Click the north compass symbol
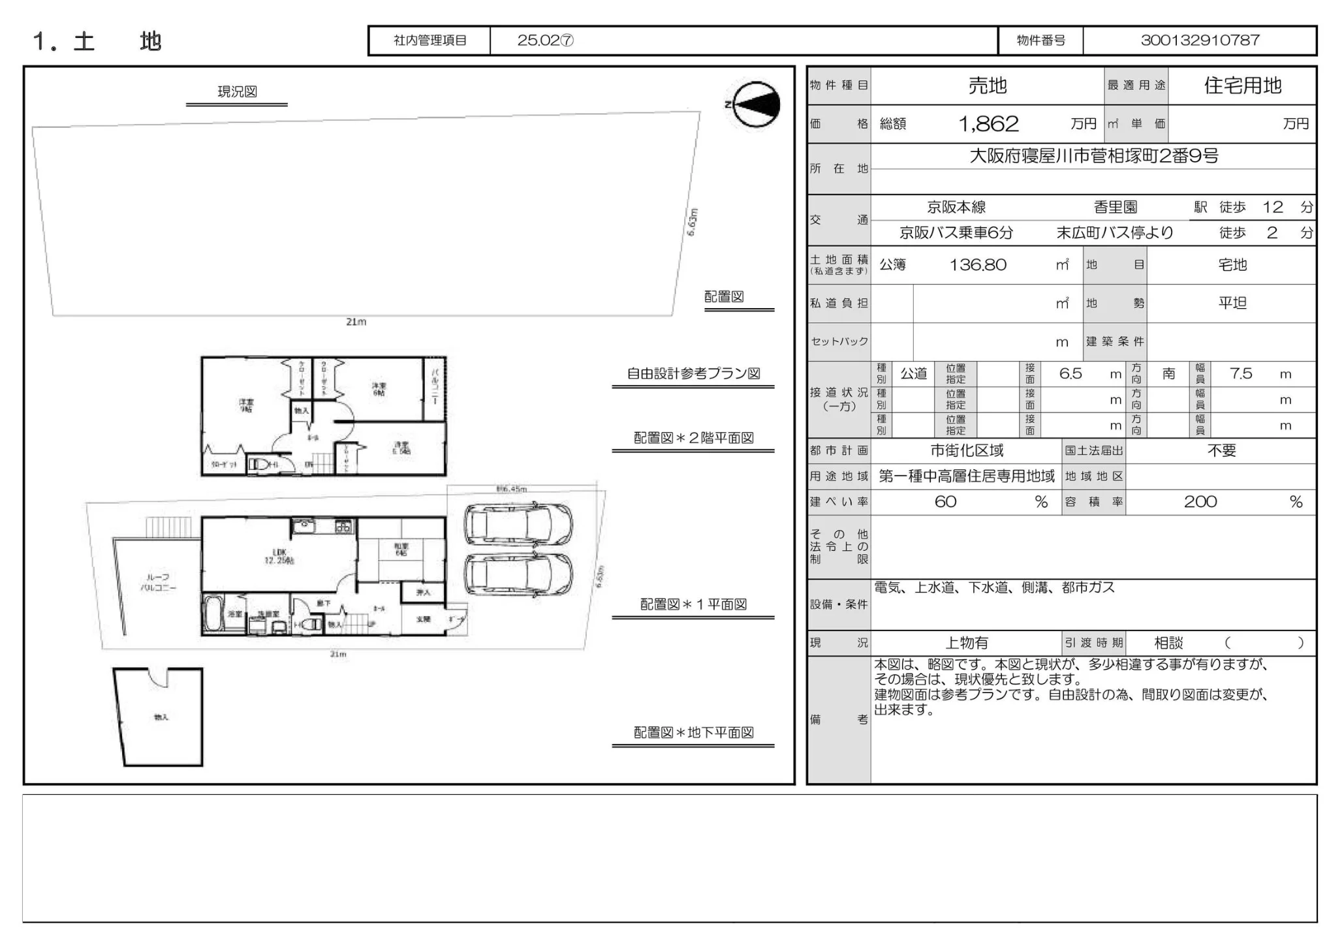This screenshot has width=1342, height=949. pyautogui.click(x=756, y=104)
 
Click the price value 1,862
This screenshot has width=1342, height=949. pyautogui.click(x=988, y=124)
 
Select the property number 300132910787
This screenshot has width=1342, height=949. pyautogui.click(x=1200, y=40)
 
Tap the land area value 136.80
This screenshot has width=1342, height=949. pyautogui.click(x=977, y=265)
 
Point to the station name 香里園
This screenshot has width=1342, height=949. pyautogui.click(x=1115, y=208)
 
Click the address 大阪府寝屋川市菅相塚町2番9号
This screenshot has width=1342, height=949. pyautogui.click(x=1093, y=156)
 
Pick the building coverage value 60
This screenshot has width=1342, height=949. pyautogui.click(x=945, y=502)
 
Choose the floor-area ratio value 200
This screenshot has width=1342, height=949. pyautogui.click(x=1200, y=502)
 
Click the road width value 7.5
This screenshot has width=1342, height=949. pyautogui.click(x=1240, y=374)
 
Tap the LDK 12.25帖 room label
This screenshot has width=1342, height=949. pyautogui.click(x=279, y=556)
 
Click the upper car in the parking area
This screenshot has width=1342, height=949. pyautogui.click(x=518, y=524)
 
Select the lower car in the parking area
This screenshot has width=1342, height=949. pyautogui.click(x=518, y=574)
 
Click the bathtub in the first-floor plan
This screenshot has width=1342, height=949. pyautogui.click(x=212, y=614)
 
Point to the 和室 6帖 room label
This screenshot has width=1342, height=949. pyautogui.click(x=401, y=550)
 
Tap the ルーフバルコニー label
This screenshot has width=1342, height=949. pyautogui.click(x=157, y=582)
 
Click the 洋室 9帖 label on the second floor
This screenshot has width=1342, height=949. pyautogui.click(x=246, y=405)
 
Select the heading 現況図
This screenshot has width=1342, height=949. pyautogui.click(x=237, y=92)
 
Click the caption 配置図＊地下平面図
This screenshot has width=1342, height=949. pyautogui.click(x=693, y=733)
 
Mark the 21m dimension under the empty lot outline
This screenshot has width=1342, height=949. pyautogui.click(x=356, y=322)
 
